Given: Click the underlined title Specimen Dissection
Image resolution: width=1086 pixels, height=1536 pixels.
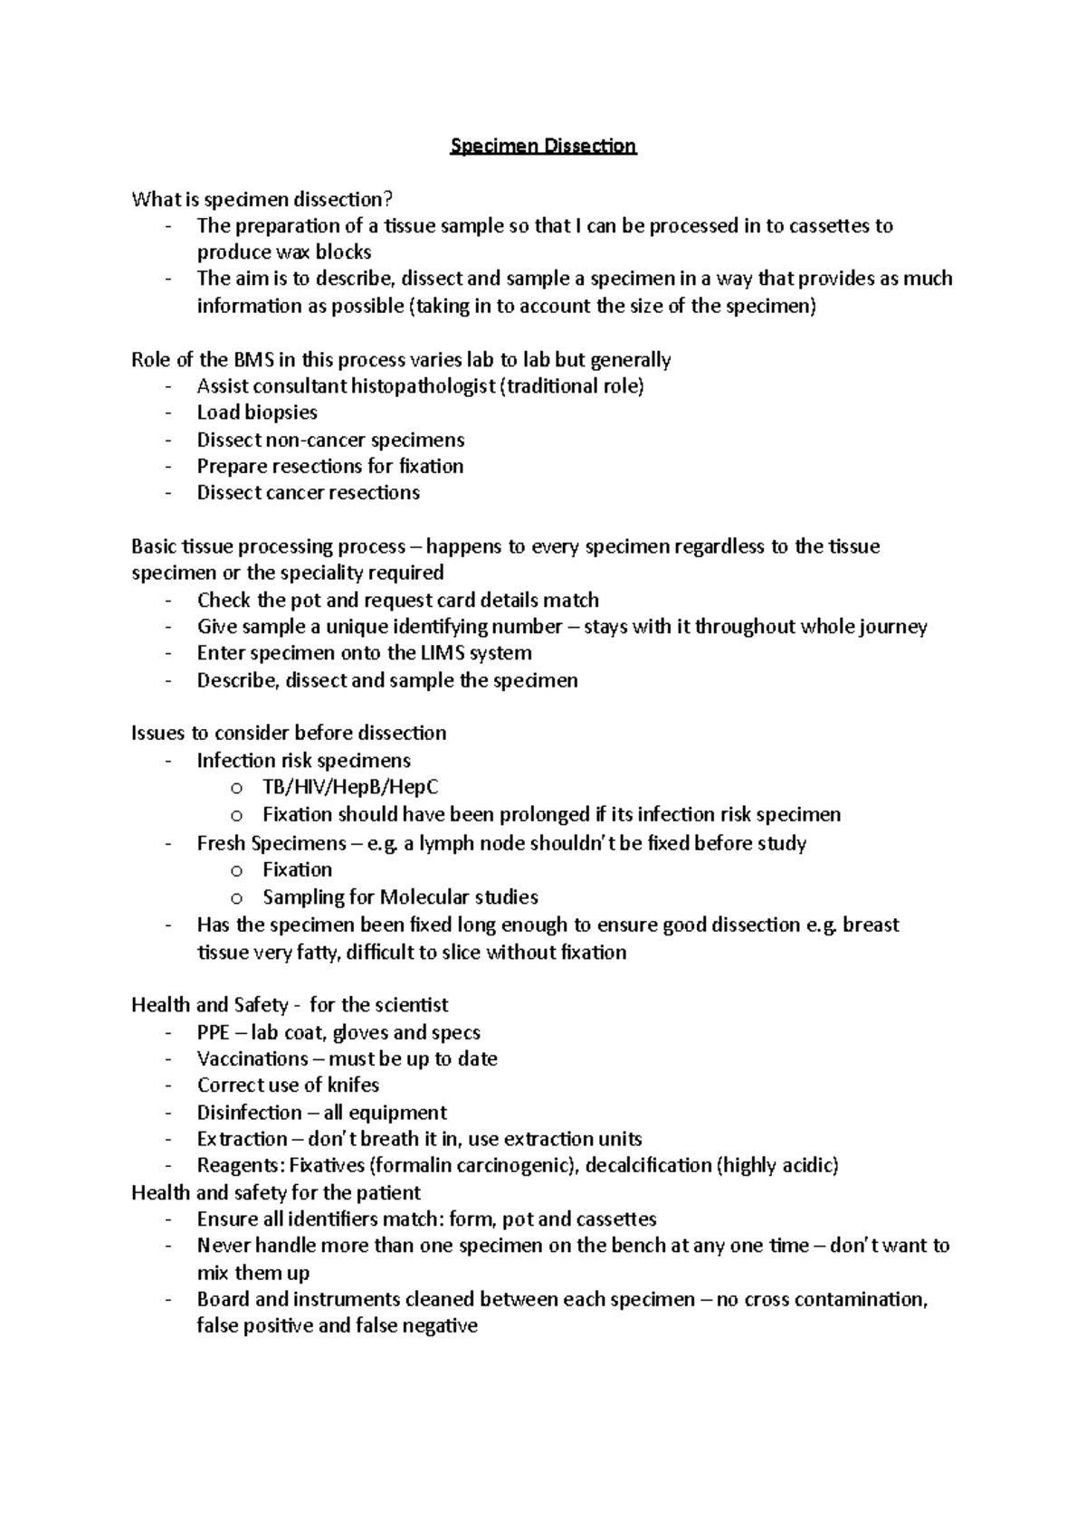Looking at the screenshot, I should tap(544, 146).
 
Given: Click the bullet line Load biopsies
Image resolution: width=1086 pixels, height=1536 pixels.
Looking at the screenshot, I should tap(257, 412).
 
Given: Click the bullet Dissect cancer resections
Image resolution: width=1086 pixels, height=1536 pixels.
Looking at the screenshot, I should tap(308, 493).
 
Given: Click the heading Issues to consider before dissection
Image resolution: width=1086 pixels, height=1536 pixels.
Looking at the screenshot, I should tap(289, 733).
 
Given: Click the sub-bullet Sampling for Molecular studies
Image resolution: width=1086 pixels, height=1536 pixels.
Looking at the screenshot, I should tap(400, 897).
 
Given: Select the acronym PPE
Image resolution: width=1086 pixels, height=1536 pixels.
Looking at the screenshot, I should tap(214, 1033).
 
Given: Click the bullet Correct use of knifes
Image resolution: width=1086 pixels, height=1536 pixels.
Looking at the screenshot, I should tap(288, 1086).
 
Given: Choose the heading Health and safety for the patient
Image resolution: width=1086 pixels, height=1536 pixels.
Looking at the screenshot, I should tap(275, 1192).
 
